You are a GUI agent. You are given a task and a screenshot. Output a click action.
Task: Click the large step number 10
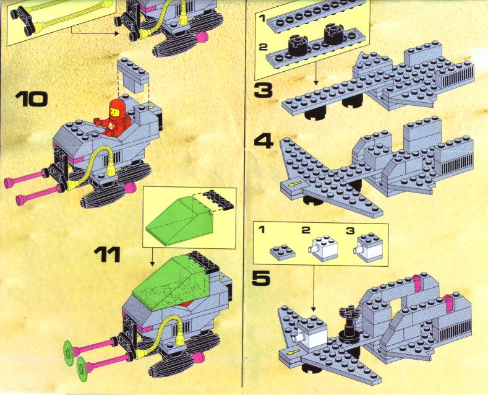(x=32, y=100)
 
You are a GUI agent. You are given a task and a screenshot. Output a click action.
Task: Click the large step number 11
(x=107, y=254)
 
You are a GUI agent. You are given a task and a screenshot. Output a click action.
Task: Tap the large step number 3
(x=263, y=90)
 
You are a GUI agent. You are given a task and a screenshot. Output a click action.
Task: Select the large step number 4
(x=264, y=141)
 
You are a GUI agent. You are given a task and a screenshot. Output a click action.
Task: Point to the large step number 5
(x=261, y=278)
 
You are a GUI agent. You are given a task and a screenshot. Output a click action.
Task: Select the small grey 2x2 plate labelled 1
(x=282, y=251)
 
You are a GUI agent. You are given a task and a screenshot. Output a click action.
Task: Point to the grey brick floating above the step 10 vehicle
(x=132, y=75)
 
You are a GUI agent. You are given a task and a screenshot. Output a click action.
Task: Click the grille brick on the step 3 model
(x=455, y=75)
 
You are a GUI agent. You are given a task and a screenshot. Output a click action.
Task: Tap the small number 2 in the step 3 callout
(x=263, y=47)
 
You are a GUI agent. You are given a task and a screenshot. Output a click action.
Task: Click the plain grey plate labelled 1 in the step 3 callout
(x=316, y=15)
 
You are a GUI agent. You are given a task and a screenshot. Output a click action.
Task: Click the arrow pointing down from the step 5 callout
(x=314, y=289)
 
